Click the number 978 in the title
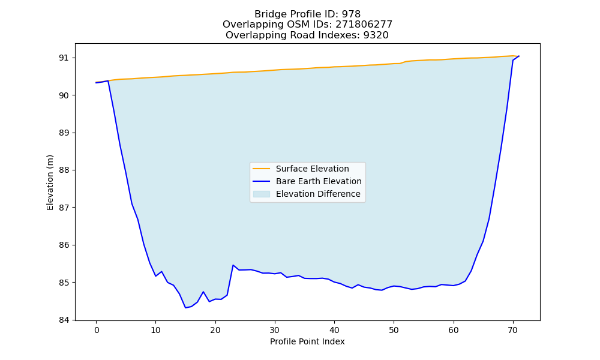pyautogui.click(x=351, y=14)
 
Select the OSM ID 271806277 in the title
pyautogui.click(x=364, y=25)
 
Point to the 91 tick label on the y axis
pyautogui.click(x=64, y=58)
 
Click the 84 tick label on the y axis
pyautogui.click(x=64, y=320)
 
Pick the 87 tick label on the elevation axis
pyautogui.click(x=64, y=208)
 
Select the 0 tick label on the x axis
pyautogui.click(x=97, y=329)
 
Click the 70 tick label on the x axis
pyautogui.click(x=513, y=329)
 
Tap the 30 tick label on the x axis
pyautogui.click(x=275, y=329)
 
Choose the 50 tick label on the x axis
pyautogui.click(x=394, y=329)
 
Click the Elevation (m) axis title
pyautogui.click(x=50, y=182)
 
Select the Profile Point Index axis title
pyautogui.click(x=307, y=341)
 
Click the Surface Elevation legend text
pyautogui.click(x=312, y=169)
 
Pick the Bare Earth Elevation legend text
pyautogui.click(x=319, y=181)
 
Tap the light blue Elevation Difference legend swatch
pyautogui.click(x=262, y=194)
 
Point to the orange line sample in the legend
pyautogui.click(x=262, y=169)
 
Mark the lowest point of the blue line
pyautogui.click(x=185, y=308)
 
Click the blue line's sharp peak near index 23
pyautogui.click(x=233, y=265)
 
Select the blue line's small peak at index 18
pyautogui.click(x=203, y=292)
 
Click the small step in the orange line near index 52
pyautogui.click(x=403, y=62)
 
